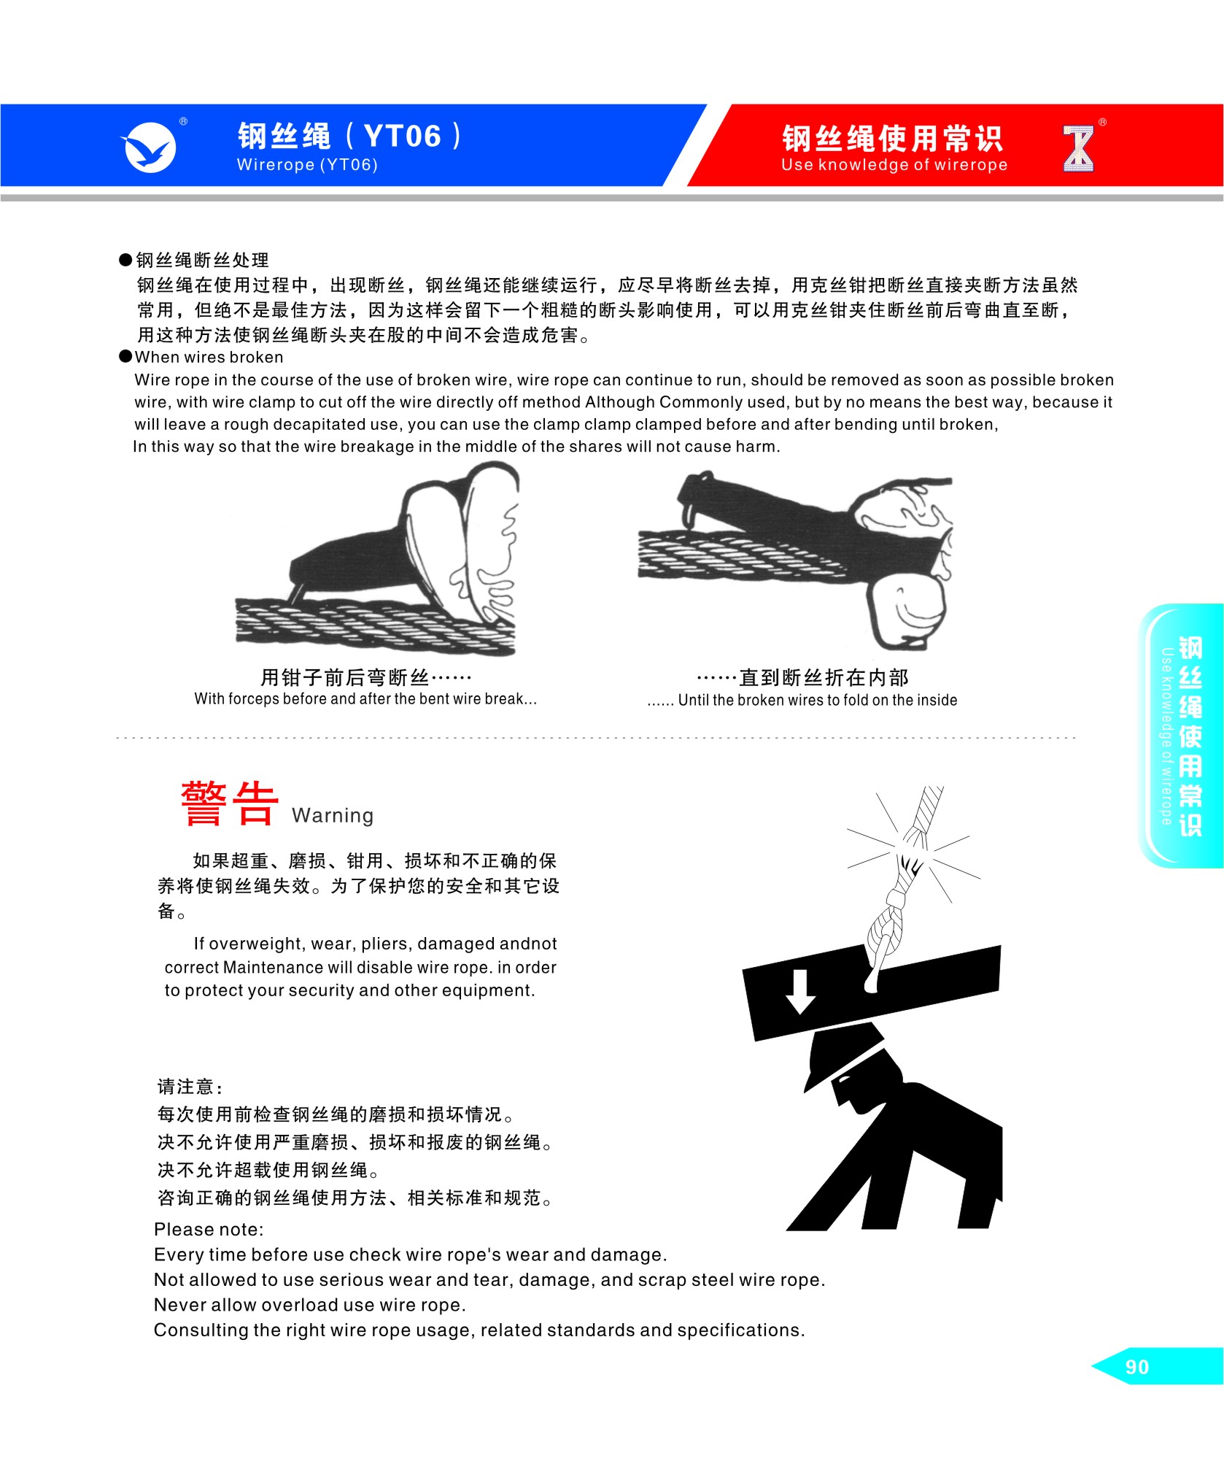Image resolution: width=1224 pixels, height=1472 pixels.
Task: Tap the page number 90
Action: (1137, 1367)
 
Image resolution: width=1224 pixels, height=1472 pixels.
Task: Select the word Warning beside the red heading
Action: (333, 815)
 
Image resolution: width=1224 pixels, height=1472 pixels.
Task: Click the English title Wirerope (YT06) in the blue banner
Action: (307, 165)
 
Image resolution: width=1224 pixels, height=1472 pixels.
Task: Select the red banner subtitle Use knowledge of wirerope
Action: (894, 165)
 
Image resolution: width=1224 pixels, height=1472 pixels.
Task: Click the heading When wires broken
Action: (209, 357)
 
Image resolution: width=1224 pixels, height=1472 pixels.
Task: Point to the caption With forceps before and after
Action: (365, 698)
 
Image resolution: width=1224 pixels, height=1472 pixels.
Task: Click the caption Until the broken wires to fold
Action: (802, 700)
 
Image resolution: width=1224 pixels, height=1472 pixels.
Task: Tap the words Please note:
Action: (209, 1230)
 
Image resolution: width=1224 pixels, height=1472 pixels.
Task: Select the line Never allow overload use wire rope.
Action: (310, 1305)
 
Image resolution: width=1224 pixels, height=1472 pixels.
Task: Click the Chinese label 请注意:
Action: (190, 1087)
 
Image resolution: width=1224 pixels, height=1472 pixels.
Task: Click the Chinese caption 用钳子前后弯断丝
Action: (366, 677)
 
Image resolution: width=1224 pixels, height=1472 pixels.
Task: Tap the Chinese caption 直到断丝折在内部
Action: (803, 677)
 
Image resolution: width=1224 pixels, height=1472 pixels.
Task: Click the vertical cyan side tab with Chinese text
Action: (1180, 736)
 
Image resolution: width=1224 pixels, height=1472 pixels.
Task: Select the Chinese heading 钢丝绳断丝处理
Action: (202, 260)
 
